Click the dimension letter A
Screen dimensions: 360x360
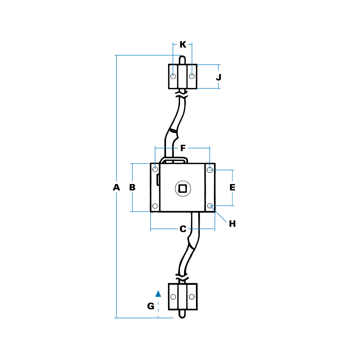click(x=116, y=187)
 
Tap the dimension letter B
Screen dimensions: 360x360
click(x=132, y=187)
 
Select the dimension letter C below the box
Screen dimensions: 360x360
click(x=183, y=229)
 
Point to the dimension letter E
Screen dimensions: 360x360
click(x=232, y=187)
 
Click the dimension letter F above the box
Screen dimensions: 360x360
click(x=183, y=148)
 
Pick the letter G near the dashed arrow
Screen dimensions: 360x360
click(x=150, y=306)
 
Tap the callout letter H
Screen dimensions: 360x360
click(x=232, y=224)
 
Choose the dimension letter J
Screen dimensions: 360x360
click(x=218, y=77)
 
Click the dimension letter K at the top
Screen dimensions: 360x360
click(x=183, y=44)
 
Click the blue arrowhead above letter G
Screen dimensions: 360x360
click(x=158, y=294)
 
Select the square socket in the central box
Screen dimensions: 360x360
click(x=183, y=188)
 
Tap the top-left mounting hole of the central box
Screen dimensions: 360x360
click(x=155, y=170)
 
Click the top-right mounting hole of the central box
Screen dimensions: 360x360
click(x=210, y=170)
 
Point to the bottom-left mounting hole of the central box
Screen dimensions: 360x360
click(x=155, y=206)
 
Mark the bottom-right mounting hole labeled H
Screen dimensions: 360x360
click(x=210, y=206)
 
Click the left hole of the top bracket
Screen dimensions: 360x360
click(x=173, y=76)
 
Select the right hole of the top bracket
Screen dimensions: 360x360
click(x=192, y=76)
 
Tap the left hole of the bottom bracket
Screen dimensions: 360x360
click(x=173, y=297)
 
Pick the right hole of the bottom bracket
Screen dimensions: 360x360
click(x=192, y=297)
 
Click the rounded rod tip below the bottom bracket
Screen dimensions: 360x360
click(x=182, y=315)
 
